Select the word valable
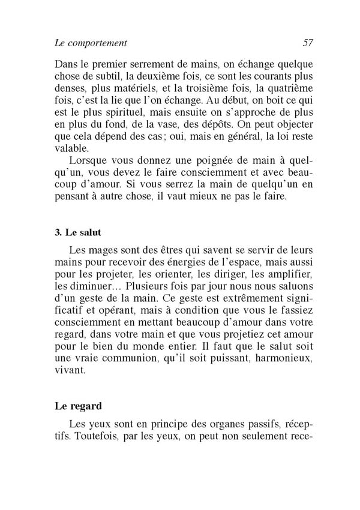pos(70,148)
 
